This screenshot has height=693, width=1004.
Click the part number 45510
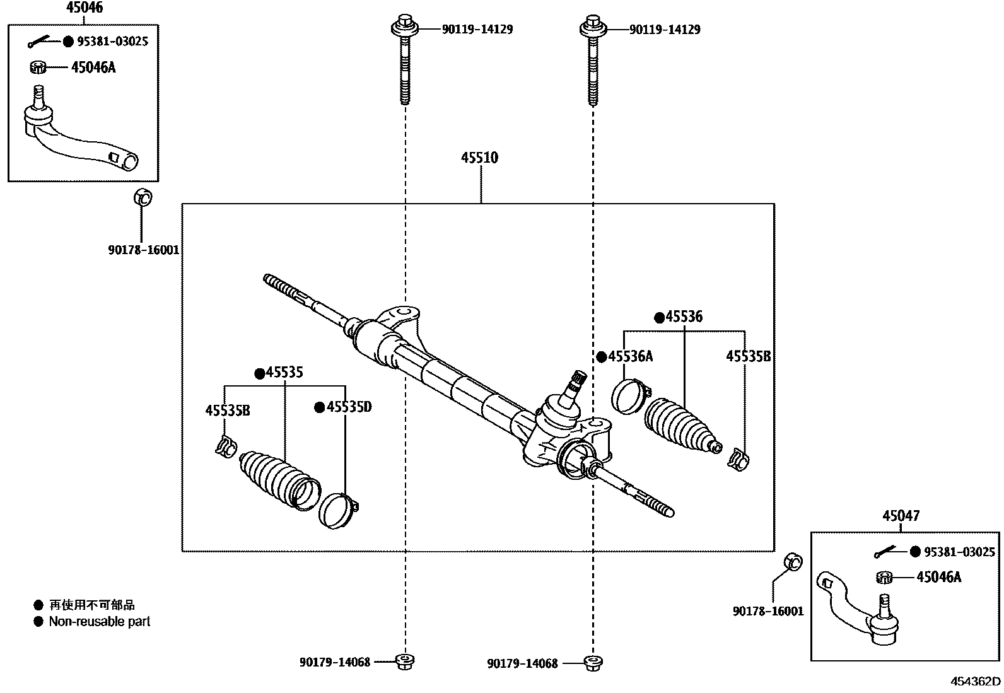click(479, 158)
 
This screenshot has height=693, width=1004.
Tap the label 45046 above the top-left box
click(85, 8)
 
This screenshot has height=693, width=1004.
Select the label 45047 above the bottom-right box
click(901, 516)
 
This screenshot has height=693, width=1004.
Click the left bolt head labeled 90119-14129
click(404, 28)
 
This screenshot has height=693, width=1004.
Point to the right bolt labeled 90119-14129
click(592, 63)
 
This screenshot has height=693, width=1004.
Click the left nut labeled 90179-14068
click(404, 661)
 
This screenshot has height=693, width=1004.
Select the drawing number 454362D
click(976, 682)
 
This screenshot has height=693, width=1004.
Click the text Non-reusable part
click(100, 622)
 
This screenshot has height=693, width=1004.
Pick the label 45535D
click(348, 407)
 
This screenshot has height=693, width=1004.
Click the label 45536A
click(630, 357)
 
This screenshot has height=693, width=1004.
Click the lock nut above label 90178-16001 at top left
click(142, 197)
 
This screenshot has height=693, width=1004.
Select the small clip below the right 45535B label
click(738, 459)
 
